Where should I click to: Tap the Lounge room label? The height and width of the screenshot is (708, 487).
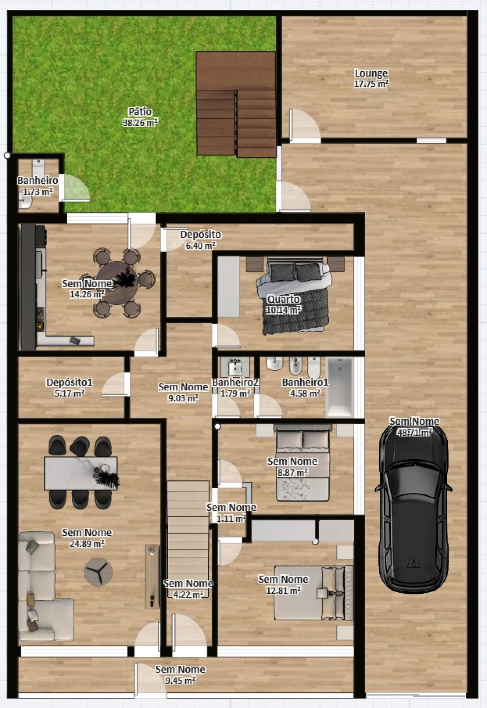(371, 73)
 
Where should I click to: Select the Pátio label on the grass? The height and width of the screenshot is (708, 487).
(140, 112)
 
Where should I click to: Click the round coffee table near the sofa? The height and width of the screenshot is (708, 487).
(98, 572)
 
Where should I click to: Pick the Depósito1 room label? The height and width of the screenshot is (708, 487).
(69, 382)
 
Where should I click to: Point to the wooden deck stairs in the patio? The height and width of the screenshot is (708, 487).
(236, 104)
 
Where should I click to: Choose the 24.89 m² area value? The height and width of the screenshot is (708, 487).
(87, 544)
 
